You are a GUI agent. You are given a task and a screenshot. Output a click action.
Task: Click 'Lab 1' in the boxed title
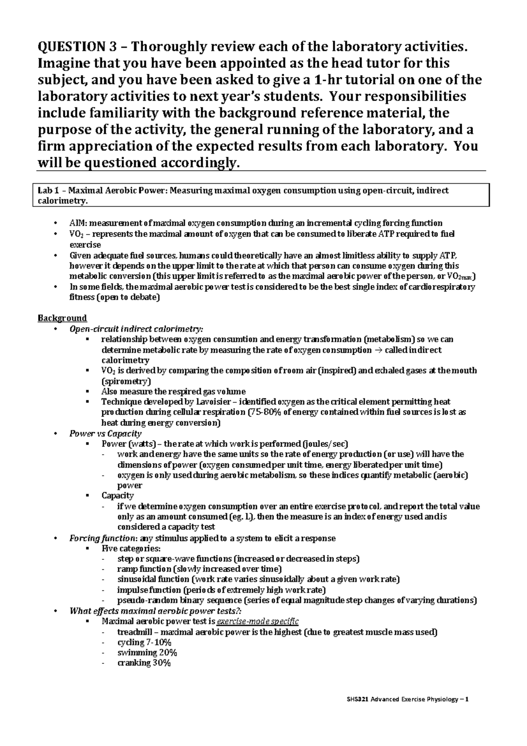pos(48,191)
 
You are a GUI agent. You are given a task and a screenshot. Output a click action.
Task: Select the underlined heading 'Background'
pos(62,318)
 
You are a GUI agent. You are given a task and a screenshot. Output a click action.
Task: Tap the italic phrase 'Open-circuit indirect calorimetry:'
pos(137,329)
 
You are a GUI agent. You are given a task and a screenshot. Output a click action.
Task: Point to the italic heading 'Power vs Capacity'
pos(105,434)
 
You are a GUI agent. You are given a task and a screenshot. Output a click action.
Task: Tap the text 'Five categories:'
pos(131,549)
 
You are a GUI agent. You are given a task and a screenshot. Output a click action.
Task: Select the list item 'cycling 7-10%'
pos(144,642)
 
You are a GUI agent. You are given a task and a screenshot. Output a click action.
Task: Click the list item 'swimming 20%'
pos(147,653)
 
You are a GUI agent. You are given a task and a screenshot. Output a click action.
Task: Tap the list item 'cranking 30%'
pos(144,663)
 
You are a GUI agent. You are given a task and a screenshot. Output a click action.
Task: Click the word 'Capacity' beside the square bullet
pos(117,496)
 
